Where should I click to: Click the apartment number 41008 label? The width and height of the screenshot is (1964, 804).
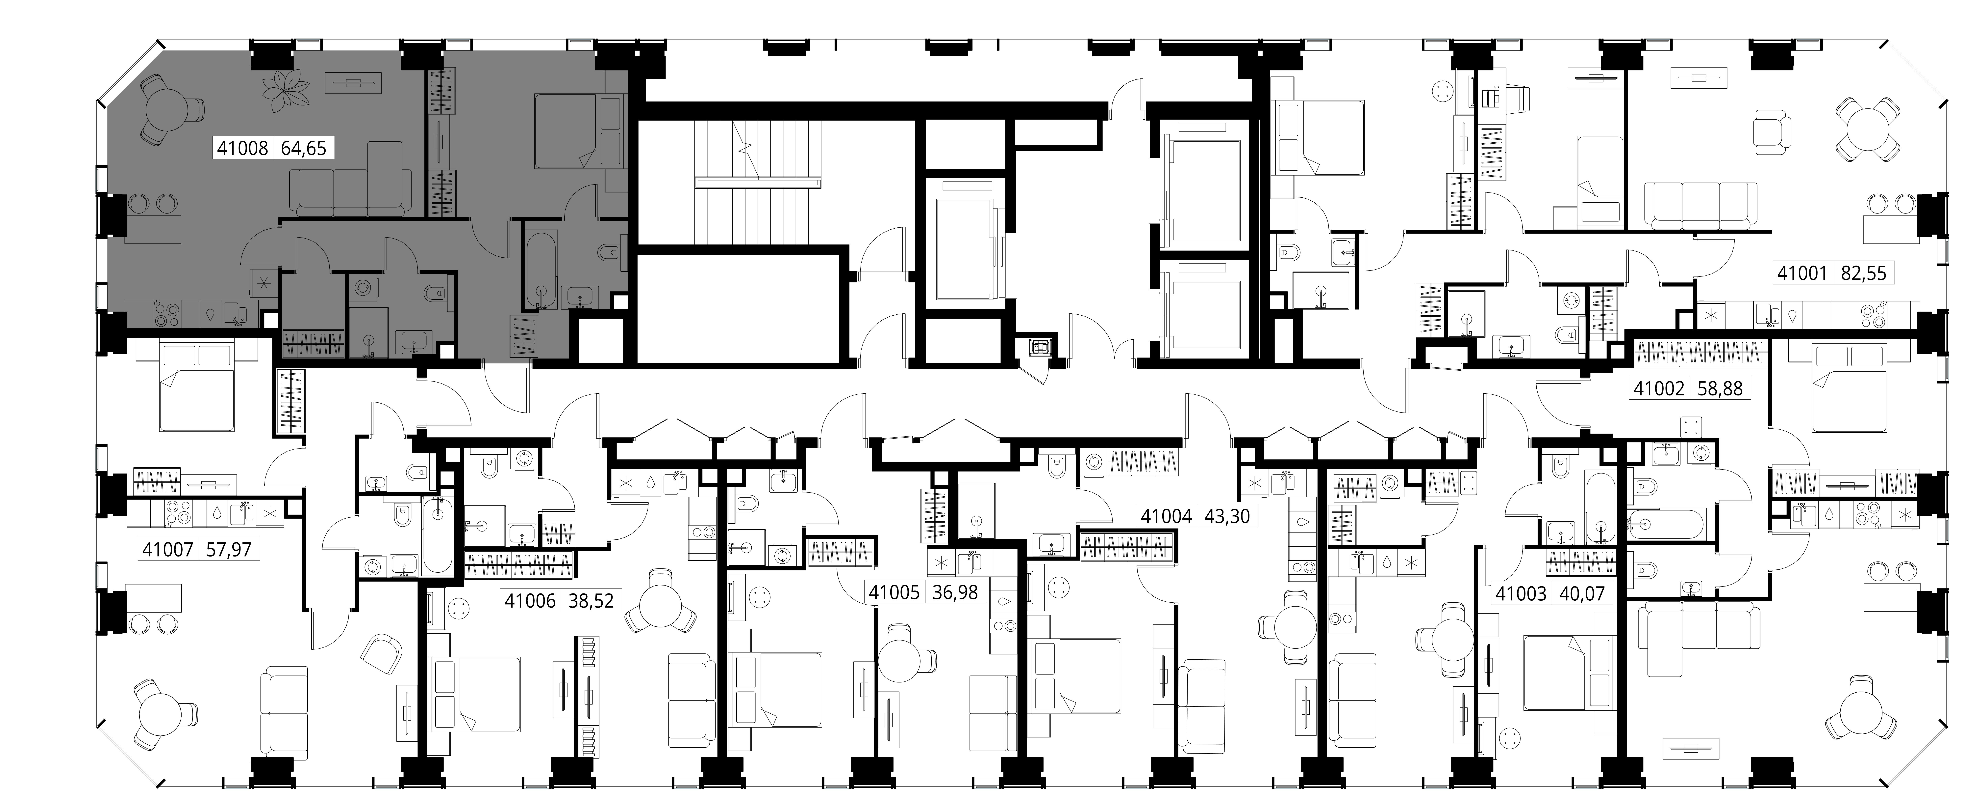[x=242, y=148]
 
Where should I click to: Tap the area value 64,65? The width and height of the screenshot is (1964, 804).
[x=303, y=148]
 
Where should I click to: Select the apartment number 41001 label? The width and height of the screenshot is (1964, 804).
[x=1802, y=273]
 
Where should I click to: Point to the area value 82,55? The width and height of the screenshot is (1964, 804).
[x=1863, y=273]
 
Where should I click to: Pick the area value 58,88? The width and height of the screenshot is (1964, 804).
[x=1720, y=388]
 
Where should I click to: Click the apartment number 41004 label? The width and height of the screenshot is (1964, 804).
[x=1167, y=516]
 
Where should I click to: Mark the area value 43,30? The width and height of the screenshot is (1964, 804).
[x=1227, y=516]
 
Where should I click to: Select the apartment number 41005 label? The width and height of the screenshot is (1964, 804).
[x=894, y=592]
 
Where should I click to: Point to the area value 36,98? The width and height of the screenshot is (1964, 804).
[x=955, y=592]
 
